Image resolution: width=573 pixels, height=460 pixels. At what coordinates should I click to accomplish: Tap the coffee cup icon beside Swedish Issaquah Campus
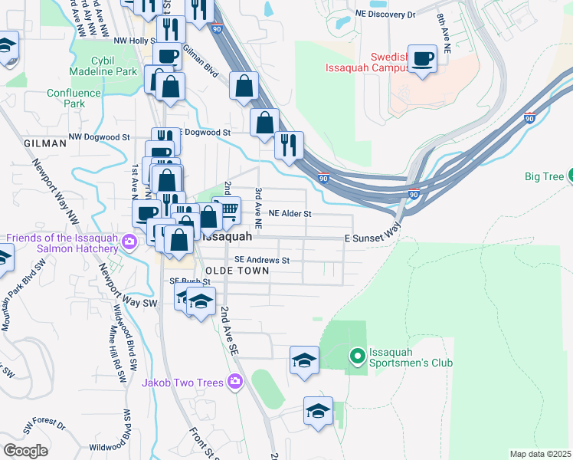click(x=422, y=59)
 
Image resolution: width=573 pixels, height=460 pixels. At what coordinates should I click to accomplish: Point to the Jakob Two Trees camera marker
click(x=235, y=382)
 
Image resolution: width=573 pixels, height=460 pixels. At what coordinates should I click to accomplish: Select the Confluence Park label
click(x=74, y=98)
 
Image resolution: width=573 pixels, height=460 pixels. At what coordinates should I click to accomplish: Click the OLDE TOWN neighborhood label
click(x=237, y=271)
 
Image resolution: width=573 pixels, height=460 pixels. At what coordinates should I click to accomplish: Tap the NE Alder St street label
click(x=289, y=214)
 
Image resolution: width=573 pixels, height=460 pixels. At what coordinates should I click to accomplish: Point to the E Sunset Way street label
click(x=372, y=238)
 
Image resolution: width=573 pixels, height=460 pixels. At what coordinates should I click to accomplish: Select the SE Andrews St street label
click(x=262, y=260)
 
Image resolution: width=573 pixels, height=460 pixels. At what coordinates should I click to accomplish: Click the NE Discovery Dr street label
click(x=385, y=15)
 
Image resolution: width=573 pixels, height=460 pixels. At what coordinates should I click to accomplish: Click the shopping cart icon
click(x=228, y=209)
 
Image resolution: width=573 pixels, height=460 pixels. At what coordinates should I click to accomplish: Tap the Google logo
click(x=25, y=450)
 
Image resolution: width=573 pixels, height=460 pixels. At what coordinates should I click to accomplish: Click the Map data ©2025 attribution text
click(x=540, y=454)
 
